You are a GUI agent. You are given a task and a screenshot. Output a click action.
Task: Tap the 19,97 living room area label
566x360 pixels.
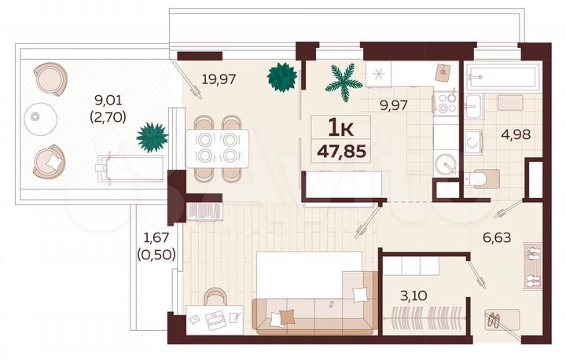[219, 78]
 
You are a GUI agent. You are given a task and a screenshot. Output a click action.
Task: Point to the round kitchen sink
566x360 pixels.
[447, 166]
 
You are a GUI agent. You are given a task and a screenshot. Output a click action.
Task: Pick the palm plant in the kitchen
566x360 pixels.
[343, 79]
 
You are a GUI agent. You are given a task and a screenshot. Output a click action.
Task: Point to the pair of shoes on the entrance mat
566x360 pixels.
[496, 319]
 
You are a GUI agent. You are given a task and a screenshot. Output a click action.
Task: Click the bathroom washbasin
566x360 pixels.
[475, 141]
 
